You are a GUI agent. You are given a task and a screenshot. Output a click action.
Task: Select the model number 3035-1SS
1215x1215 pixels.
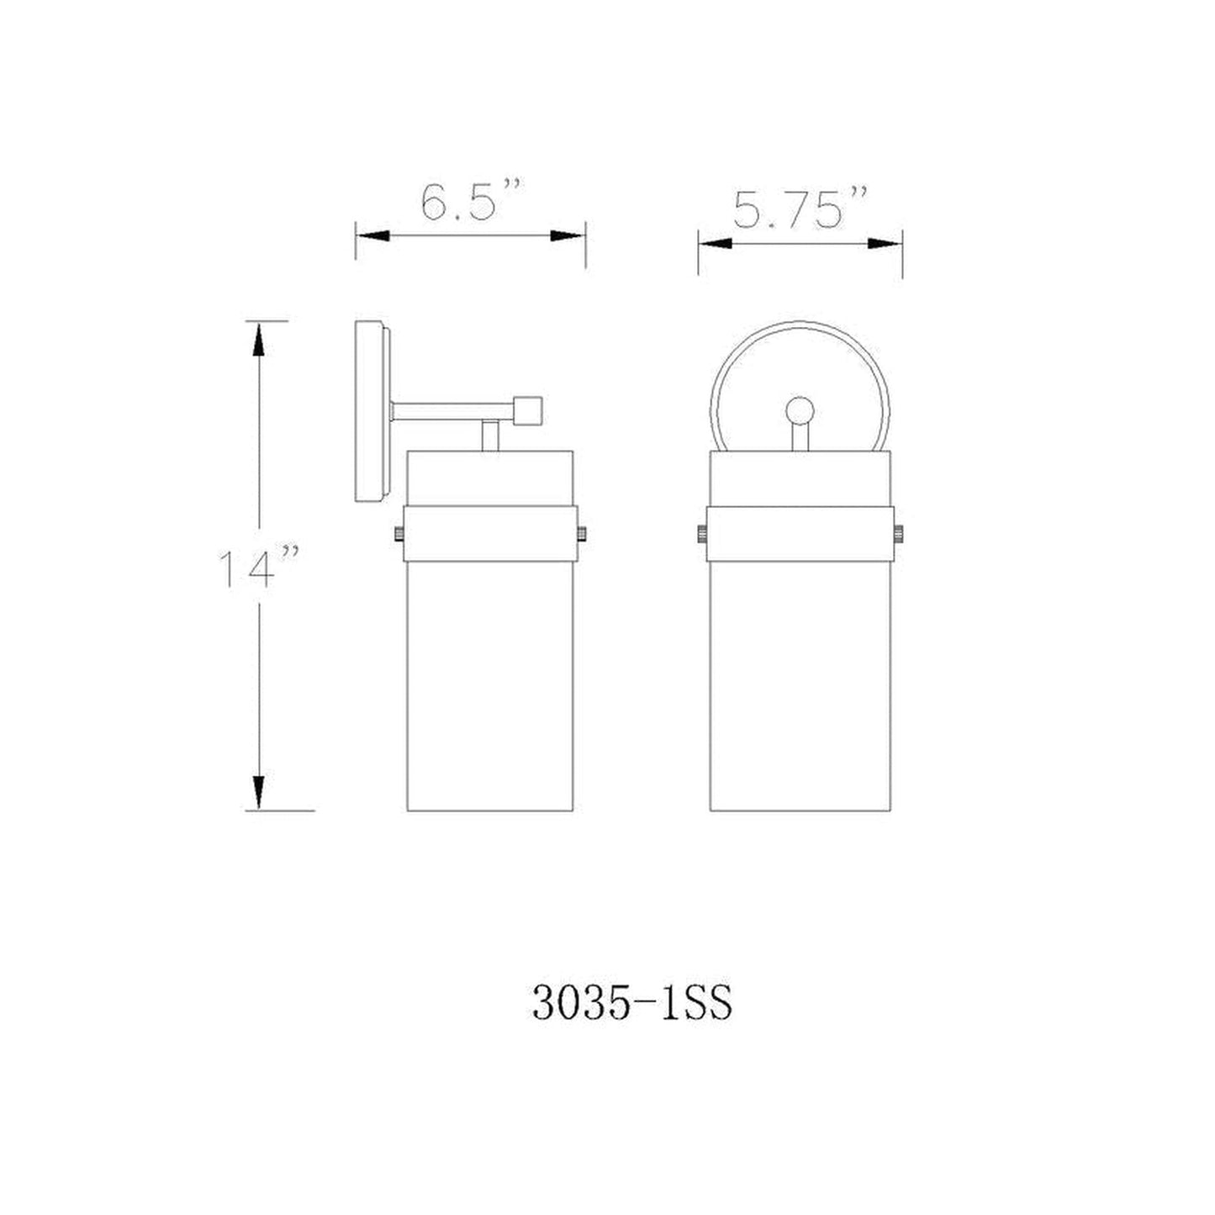[631, 1002]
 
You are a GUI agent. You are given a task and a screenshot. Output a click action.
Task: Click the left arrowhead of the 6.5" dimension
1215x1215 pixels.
[373, 237]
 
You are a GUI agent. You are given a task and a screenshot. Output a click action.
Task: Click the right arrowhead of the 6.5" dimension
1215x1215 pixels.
[568, 237]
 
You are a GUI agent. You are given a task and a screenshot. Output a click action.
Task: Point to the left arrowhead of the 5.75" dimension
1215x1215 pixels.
[716, 244]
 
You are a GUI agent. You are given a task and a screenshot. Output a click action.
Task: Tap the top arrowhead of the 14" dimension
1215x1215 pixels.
[259, 341]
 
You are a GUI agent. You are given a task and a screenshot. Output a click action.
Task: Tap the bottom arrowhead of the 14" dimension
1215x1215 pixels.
[259, 791]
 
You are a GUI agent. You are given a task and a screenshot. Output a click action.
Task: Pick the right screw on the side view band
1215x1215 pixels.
[582, 533]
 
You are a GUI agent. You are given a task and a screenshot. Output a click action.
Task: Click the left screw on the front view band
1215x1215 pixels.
[700, 533]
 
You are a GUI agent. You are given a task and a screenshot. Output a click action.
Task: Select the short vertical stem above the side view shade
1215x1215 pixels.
[489, 436]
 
